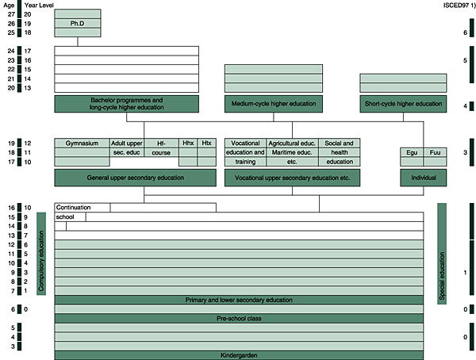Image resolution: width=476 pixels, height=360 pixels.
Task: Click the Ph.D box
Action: [78, 23]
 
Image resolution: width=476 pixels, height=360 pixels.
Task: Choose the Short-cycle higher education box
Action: [404, 104]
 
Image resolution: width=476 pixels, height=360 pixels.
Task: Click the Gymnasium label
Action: [82, 143]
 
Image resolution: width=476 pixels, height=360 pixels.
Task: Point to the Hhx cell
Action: [188, 143]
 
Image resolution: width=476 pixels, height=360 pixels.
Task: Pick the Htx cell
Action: [207, 143]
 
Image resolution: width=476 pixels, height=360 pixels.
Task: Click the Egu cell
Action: [412, 151]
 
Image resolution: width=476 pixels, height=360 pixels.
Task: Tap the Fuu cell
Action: [435, 151]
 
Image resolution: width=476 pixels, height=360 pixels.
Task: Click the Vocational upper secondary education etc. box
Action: [292, 178]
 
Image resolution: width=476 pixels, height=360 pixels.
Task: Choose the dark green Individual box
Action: [423, 178]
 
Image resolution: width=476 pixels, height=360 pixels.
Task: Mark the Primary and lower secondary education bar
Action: [239, 300]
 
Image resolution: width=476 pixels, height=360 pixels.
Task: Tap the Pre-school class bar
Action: [239, 318]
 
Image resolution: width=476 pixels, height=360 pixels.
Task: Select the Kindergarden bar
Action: [239, 355]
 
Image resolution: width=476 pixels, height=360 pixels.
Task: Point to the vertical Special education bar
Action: [442, 254]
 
